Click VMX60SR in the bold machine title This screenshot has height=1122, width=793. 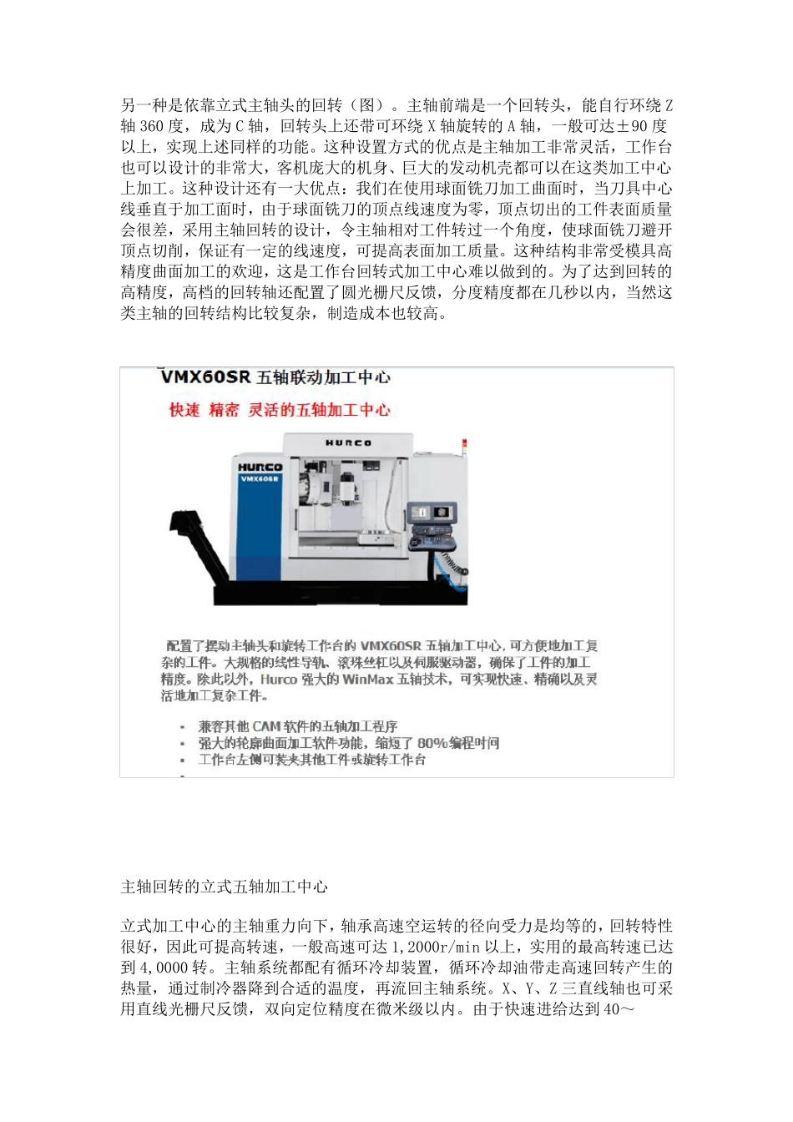pyautogui.click(x=205, y=377)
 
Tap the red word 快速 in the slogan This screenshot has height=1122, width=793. pyautogui.click(x=184, y=410)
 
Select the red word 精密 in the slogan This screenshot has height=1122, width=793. pyautogui.click(x=224, y=410)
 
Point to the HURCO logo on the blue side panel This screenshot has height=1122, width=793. pyautogui.click(x=260, y=467)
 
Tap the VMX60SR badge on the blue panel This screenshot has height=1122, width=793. pyautogui.click(x=260, y=479)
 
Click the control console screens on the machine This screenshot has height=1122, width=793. pyautogui.click(x=433, y=512)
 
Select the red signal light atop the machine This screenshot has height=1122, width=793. pyautogui.click(x=465, y=444)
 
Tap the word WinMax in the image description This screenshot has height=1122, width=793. pyautogui.click(x=367, y=680)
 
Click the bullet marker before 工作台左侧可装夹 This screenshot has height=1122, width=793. pyautogui.click(x=183, y=761)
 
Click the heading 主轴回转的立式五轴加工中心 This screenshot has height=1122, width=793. pyautogui.click(x=225, y=887)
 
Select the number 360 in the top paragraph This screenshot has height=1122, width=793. pyautogui.click(x=151, y=126)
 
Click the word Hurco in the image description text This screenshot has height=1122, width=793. pyautogui.click(x=279, y=680)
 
